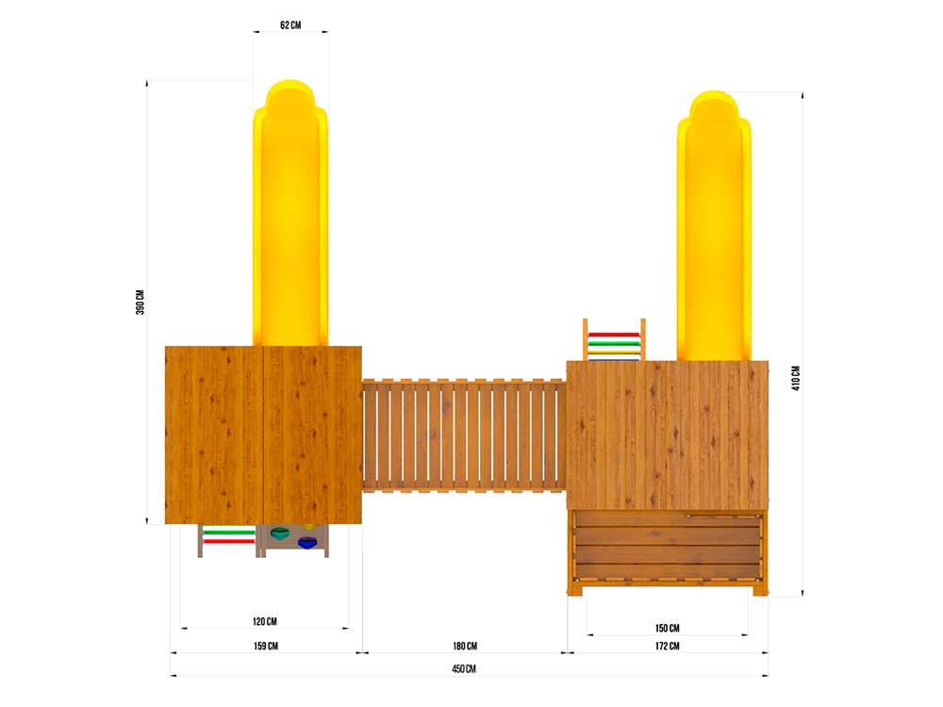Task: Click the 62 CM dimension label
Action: [x=290, y=25]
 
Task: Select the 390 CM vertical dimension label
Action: [x=141, y=303]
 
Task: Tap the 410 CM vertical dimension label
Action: [x=796, y=378]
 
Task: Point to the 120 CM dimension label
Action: [x=265, y=621]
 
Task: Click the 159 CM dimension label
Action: [x=265, y=646]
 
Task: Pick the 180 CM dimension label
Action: [x=465, y=646]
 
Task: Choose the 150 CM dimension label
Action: [x=667, y=628]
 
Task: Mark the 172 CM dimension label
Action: [x=667, y=646]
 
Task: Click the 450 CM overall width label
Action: [x=464, y=668]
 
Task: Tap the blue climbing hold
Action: [x=307, y=543]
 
